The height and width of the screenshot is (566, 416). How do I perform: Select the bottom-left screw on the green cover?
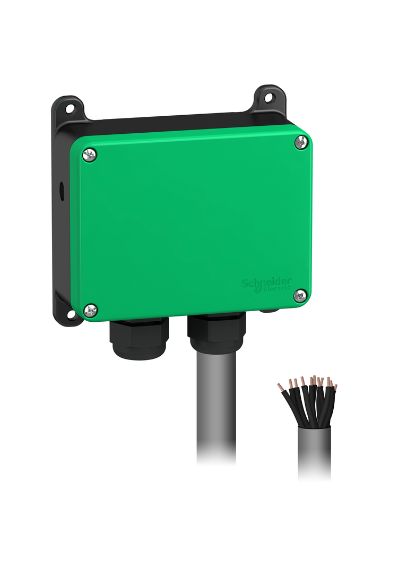point(91,309)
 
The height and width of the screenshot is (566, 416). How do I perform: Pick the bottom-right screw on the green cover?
point(300,295)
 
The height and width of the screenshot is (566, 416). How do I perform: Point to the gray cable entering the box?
point(216,404)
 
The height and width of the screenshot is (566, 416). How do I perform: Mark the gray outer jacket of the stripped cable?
point(314,451)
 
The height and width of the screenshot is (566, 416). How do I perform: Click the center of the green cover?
point(191,223)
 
